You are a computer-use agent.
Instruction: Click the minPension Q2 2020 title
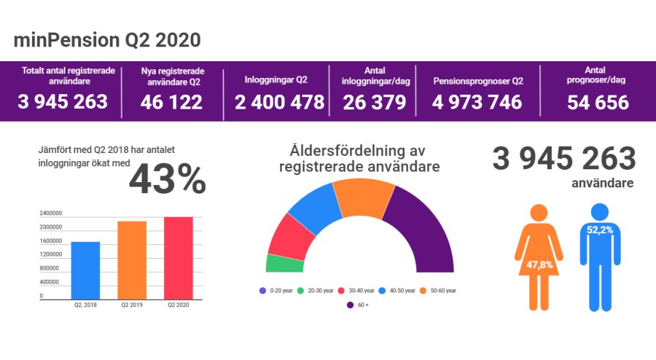point(106,40)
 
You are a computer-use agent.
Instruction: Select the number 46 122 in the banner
point(172,103)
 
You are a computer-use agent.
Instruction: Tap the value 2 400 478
point(279,103)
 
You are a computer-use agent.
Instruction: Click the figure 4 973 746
point(477,103)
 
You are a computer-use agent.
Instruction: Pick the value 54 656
point(598,103)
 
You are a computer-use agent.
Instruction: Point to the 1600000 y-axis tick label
point(51,241)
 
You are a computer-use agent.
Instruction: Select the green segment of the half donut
point(284,264)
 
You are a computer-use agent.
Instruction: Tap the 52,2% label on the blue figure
point(599,230)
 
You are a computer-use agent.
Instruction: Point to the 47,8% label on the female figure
point(539,264)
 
